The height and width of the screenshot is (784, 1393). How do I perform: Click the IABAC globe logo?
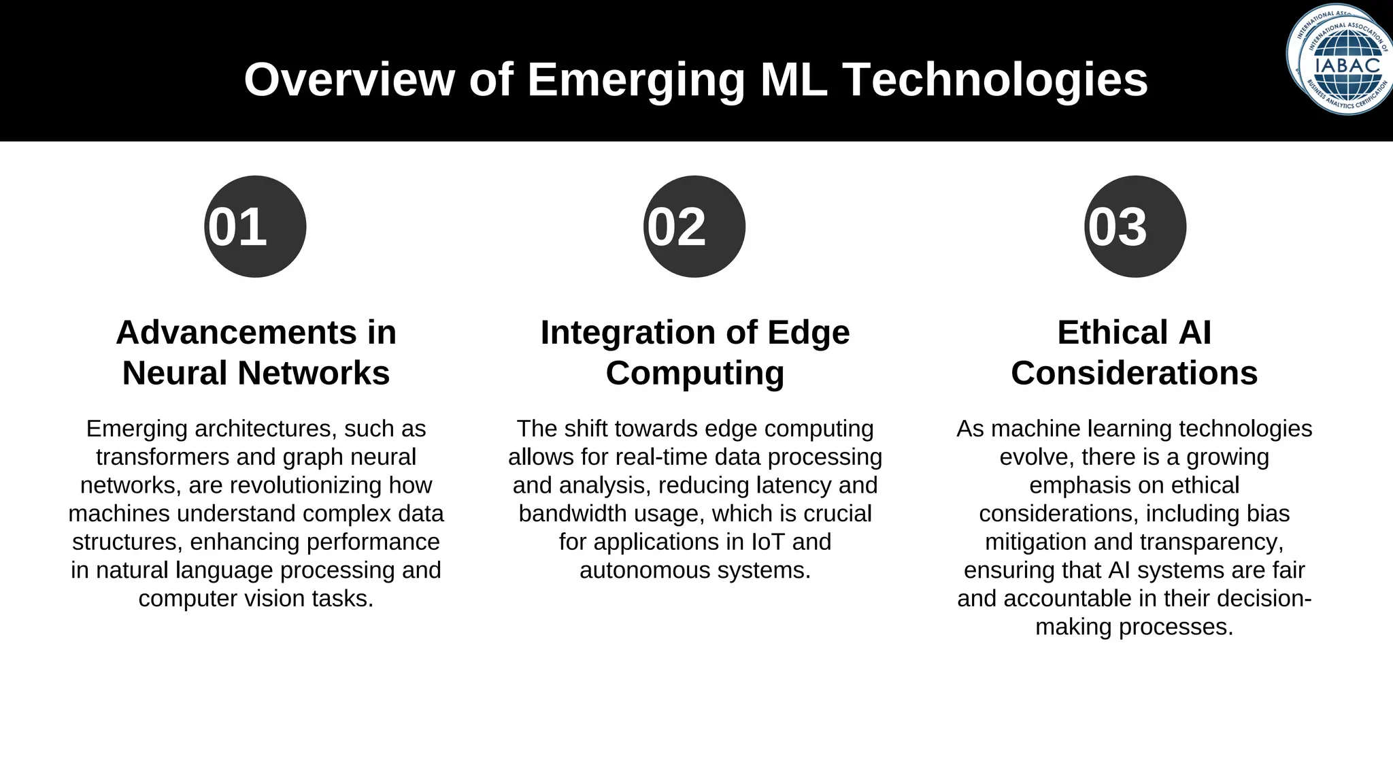[1339, 60]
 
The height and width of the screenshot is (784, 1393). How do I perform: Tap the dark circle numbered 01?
[255, 227]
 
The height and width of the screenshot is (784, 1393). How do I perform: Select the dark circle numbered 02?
[694, 227]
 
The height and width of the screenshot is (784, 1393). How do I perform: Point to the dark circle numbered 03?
[1135, 227]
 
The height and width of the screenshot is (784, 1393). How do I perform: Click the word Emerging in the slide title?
[636, 80]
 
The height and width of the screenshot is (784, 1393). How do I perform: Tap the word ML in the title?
[794, 80]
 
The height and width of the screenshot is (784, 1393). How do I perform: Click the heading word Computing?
[694, 373]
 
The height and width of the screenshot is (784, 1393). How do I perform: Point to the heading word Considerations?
[1134, 373]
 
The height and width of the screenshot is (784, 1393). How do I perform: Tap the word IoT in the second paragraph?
[768, 542]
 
